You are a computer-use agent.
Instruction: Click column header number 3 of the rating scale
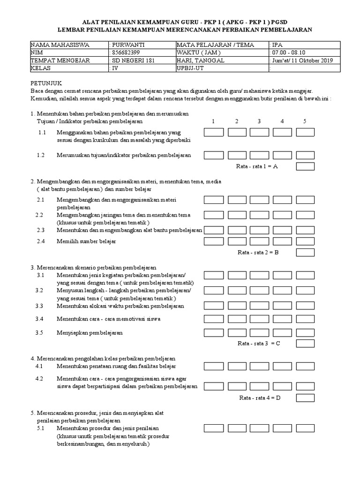259,121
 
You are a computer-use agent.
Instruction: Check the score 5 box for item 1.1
305,133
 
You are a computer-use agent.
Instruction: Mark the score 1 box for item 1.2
213,155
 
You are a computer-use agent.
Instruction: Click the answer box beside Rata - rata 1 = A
305,166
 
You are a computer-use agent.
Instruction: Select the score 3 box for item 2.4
259,241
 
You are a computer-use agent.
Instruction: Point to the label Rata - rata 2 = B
258,253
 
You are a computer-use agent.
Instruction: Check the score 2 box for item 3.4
237,319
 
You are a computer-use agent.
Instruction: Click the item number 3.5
40,332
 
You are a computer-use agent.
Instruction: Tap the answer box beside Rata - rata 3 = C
305,344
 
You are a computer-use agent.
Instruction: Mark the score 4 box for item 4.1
282,366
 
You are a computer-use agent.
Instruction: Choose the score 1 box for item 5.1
213,428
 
